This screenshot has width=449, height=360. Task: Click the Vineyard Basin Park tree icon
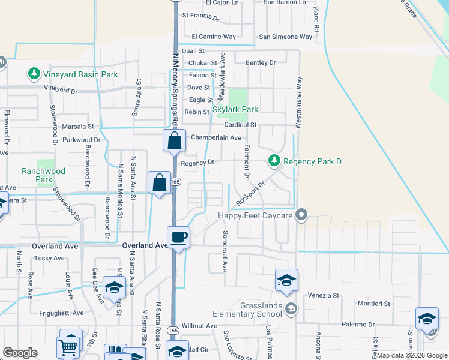point(34,74)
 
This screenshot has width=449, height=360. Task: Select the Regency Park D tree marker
point(274,161)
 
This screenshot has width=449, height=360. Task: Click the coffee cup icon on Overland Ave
point(178,237)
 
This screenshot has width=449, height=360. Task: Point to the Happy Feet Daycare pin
point(301,214)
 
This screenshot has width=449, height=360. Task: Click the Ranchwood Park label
point(43,175)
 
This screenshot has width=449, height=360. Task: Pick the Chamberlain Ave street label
point(215,137)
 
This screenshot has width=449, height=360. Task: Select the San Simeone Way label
point(285,37)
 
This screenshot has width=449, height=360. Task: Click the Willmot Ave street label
point(199,326)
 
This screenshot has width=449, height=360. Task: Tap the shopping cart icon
point(68,346)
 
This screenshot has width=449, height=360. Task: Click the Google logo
point(20,353)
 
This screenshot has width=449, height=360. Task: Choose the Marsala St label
point(79,127)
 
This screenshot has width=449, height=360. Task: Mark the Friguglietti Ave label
point(59,313)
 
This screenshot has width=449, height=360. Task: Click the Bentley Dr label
point(261,62)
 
